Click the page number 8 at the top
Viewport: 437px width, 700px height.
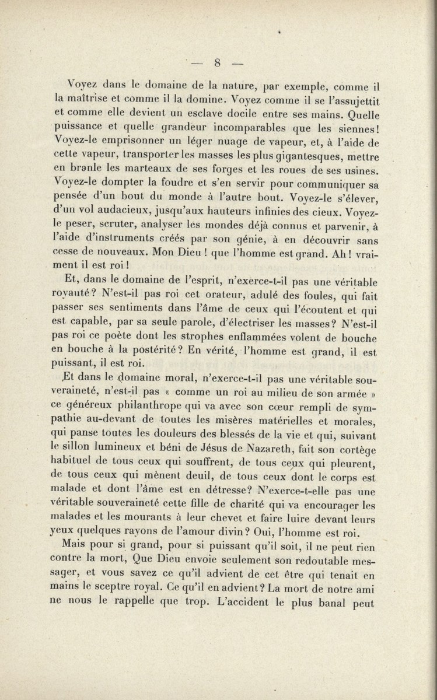pos(217,63)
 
